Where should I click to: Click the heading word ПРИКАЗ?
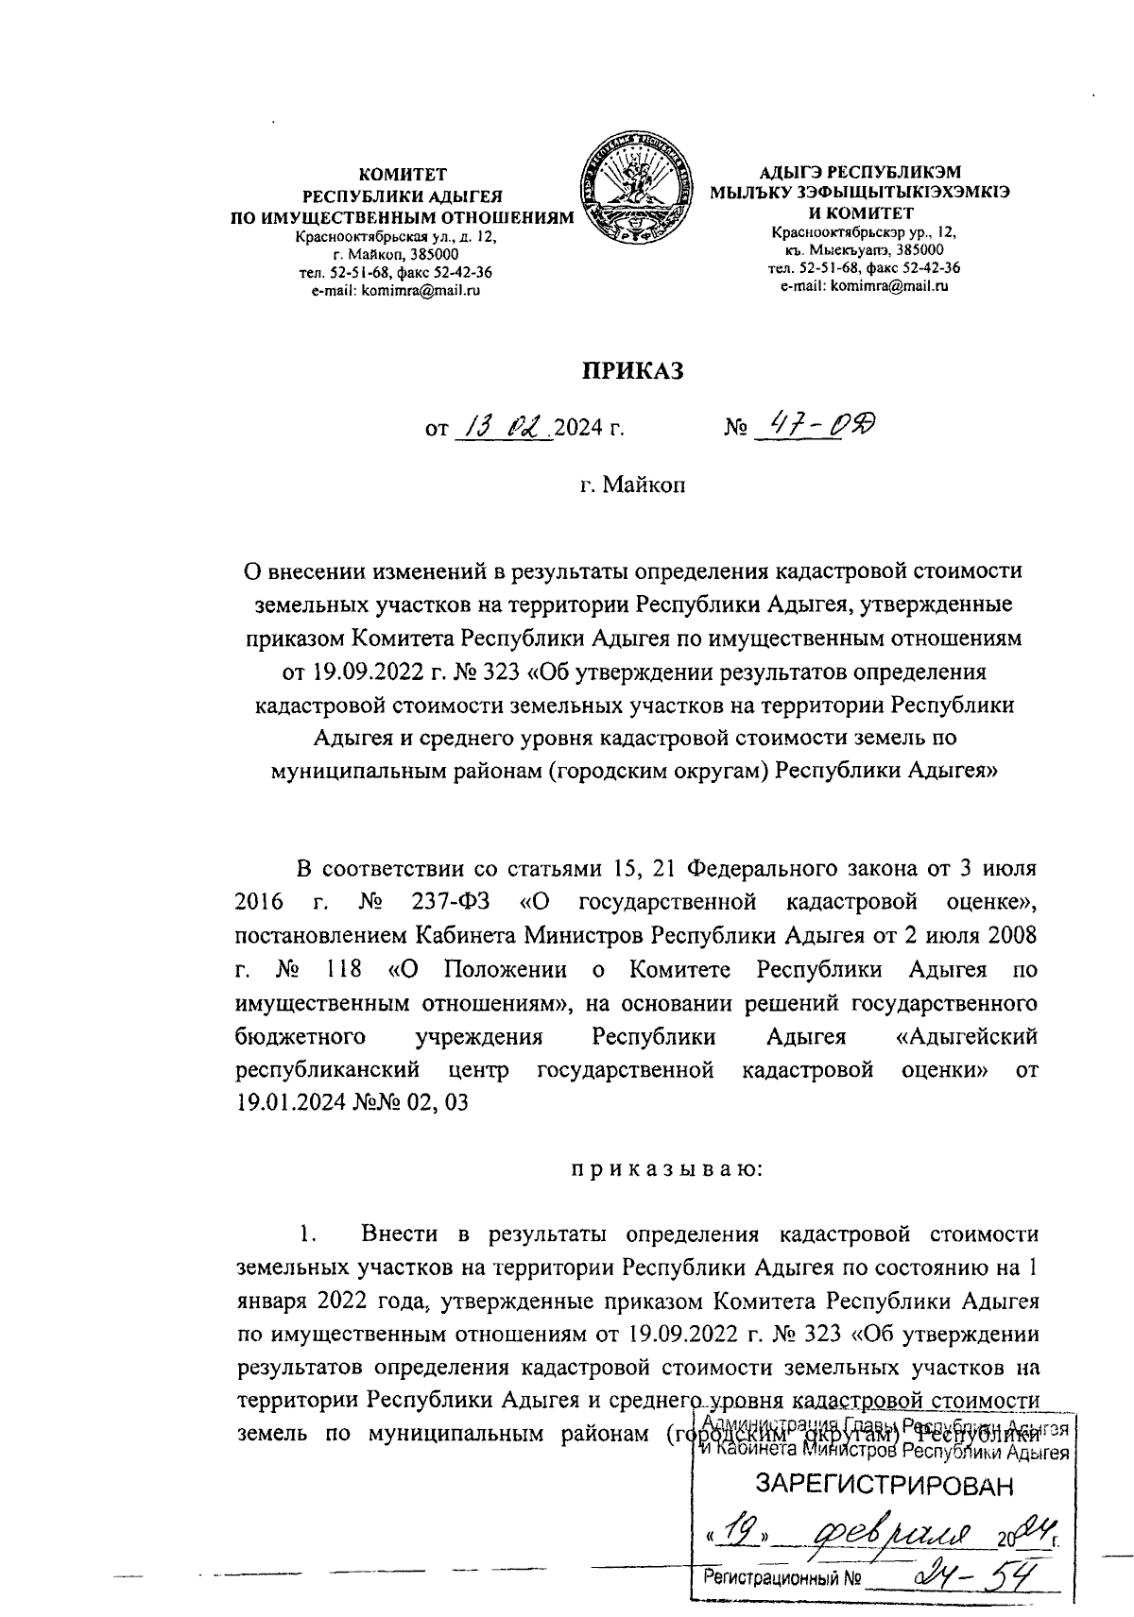630,371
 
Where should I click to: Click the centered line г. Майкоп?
630,485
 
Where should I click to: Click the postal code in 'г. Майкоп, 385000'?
429,255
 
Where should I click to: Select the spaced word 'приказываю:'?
663,1170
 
